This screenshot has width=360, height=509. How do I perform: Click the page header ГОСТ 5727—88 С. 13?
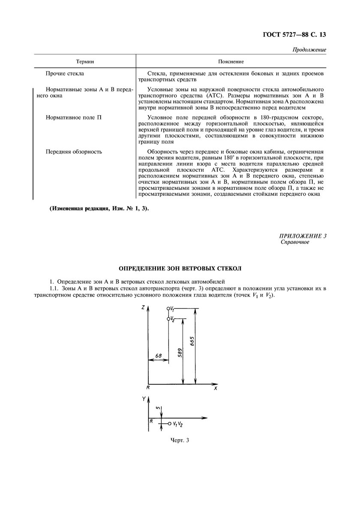pyautogui.click(x=295, y=35)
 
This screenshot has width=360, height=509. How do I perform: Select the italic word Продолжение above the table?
pyautogui.click(x=309, y=50)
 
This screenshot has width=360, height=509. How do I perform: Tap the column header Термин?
pyautogui.click(x=85, y=62)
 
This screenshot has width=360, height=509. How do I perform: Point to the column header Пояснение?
pyautogui.click(x=231, y=62)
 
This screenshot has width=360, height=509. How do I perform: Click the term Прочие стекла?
pyautogui.click(x=65, y=74)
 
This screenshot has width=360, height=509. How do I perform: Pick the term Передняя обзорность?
pyautogui.click(x=74, y=151)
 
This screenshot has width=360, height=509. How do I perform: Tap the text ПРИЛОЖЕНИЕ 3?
pyautogui.click(x=303, y=236)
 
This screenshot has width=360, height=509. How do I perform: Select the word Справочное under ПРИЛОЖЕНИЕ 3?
pyautogui.click(x=295, y=242)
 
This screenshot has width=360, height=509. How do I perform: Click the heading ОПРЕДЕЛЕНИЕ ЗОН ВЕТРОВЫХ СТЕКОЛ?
pyautogui.click(x=180, y=269)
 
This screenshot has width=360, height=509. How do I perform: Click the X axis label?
pyautogui.click(x=215, y=388)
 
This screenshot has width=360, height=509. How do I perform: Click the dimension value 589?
pyautogui.click(x=180, y=352)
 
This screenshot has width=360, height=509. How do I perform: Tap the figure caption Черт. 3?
pyautogui.click(x=180, y=440)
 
